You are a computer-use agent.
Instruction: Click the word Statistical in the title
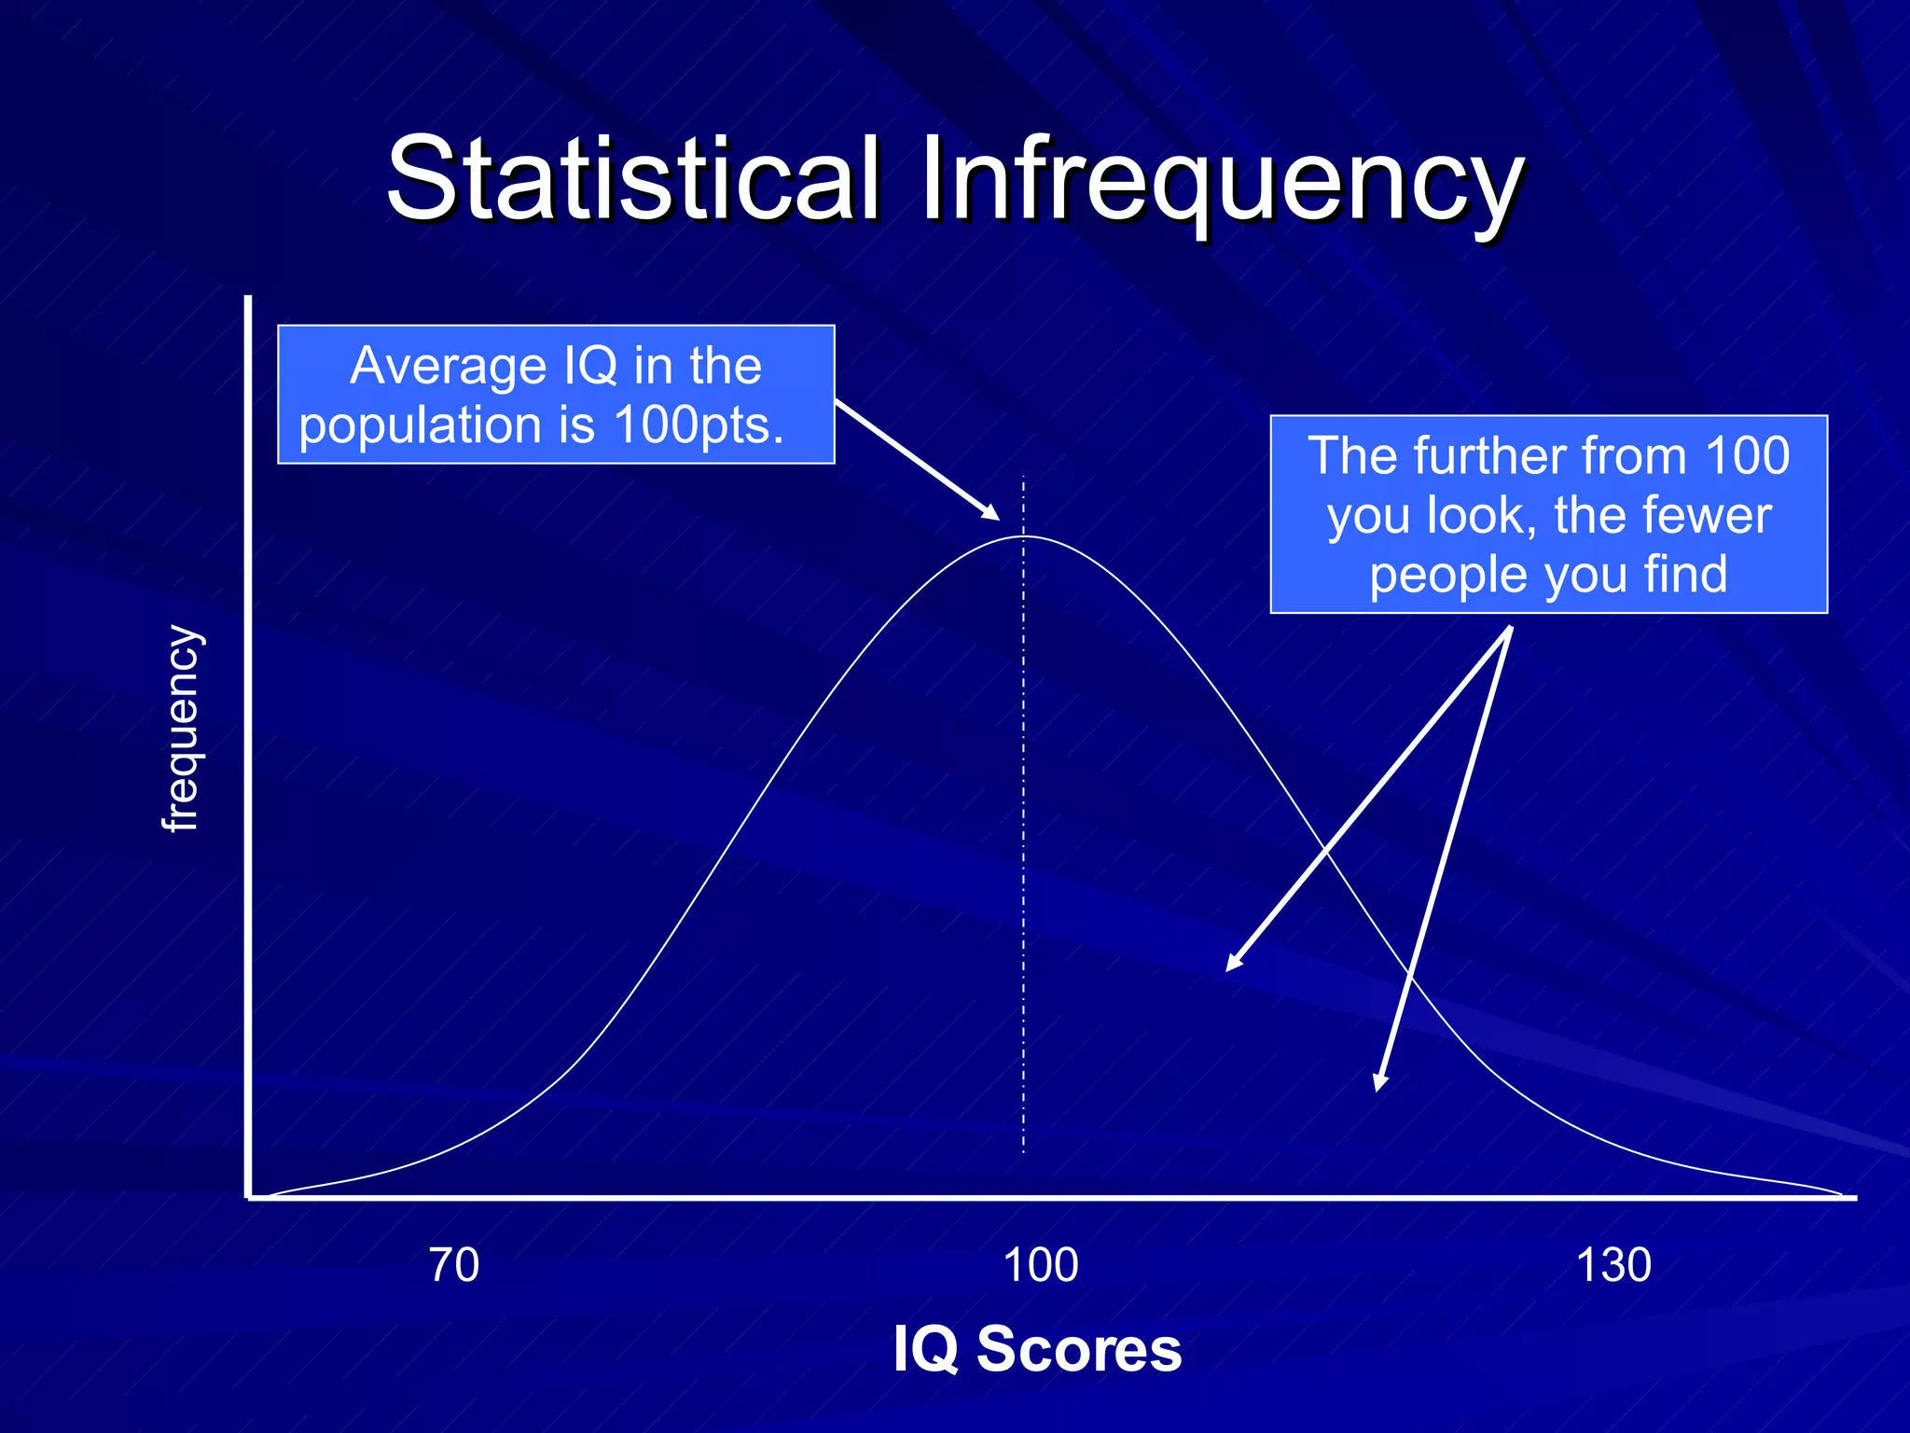[634, 179]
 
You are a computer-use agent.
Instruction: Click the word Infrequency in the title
[1222, 179]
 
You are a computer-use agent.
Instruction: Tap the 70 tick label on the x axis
[454, 1266]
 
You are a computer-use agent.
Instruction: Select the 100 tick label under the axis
[1040, 1266]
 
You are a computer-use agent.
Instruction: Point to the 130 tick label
[1612, 1266]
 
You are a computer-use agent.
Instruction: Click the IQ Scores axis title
[1036, 1349]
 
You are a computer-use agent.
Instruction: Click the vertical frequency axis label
[181, 728]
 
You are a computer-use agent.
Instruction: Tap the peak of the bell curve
[1023, 536]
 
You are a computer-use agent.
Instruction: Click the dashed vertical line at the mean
[1023, 840]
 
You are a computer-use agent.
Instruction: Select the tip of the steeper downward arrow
[1377, 1087]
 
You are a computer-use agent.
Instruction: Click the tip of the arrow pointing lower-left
[1230, 968]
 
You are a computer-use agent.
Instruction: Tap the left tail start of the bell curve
[270, 1194]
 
